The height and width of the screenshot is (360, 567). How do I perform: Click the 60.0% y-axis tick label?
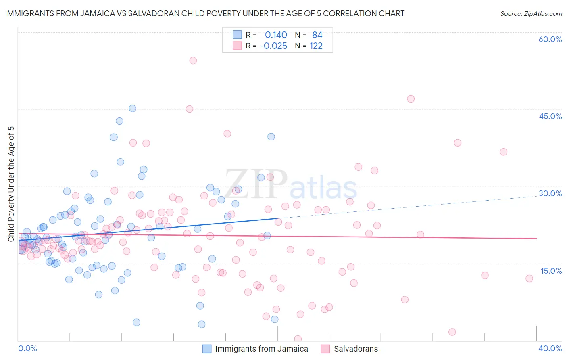point(550,39)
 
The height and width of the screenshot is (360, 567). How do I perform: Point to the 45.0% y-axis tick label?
point(550,116)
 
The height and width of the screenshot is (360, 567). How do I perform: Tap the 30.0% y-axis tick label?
point(550,193)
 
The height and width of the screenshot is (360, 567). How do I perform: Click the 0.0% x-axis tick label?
point(27,348)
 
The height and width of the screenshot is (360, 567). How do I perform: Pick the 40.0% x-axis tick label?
point(550,348)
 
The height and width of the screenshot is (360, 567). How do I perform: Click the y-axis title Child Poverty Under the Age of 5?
point(11,184)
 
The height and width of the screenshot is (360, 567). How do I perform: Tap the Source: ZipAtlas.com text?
point(531,14)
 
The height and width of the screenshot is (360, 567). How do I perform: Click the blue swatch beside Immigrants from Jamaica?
point(207,349)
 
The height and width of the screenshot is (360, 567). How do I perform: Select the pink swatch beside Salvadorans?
point(325,349)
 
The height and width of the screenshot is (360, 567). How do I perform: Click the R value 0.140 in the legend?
point(276,35)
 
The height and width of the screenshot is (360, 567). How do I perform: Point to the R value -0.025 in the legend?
point(273,46)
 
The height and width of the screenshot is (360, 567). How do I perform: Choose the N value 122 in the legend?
point(316,46)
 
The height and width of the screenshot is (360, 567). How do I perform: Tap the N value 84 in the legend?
point(317,35)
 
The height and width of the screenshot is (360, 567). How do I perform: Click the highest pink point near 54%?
point(193,61)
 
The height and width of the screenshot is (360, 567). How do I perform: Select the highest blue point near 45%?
point(132,109)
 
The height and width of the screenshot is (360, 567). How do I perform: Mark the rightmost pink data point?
point(529,278)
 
